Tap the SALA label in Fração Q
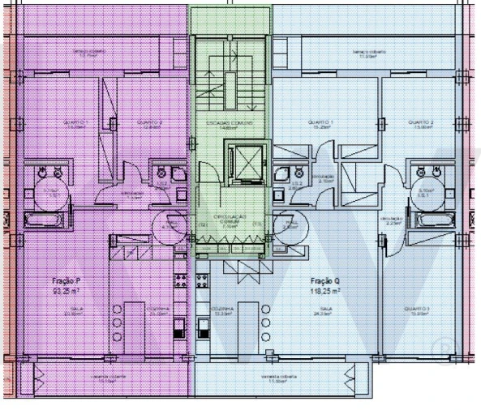pyautogui.click(x=328, y=309)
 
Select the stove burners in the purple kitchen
pyautogui.click(x=179, y=280)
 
